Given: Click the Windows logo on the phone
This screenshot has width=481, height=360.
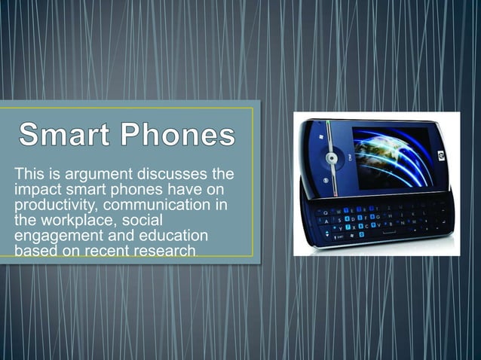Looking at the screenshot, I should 320,138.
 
